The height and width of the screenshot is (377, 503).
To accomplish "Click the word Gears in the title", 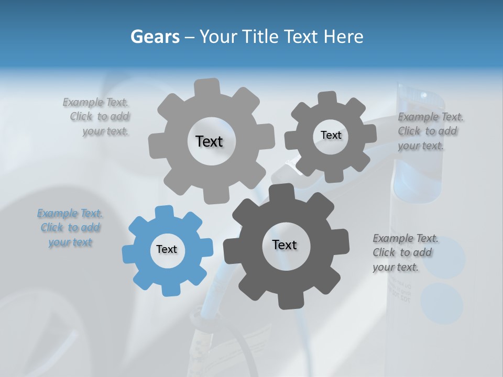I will point(155,37).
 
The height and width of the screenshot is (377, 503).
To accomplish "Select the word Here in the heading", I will point(343,37).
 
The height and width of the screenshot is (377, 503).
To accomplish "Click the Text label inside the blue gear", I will point(167,249).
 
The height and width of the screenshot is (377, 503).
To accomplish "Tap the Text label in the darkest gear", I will point(285,245).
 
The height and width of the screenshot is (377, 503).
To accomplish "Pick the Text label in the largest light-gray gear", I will point(209,141).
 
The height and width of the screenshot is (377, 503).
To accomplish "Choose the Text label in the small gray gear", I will point(331,135).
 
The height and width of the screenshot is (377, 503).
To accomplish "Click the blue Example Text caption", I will point(70,228).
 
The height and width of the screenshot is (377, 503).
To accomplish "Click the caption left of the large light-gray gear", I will point(98,117).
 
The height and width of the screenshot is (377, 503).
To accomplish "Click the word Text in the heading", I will point(302,37).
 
